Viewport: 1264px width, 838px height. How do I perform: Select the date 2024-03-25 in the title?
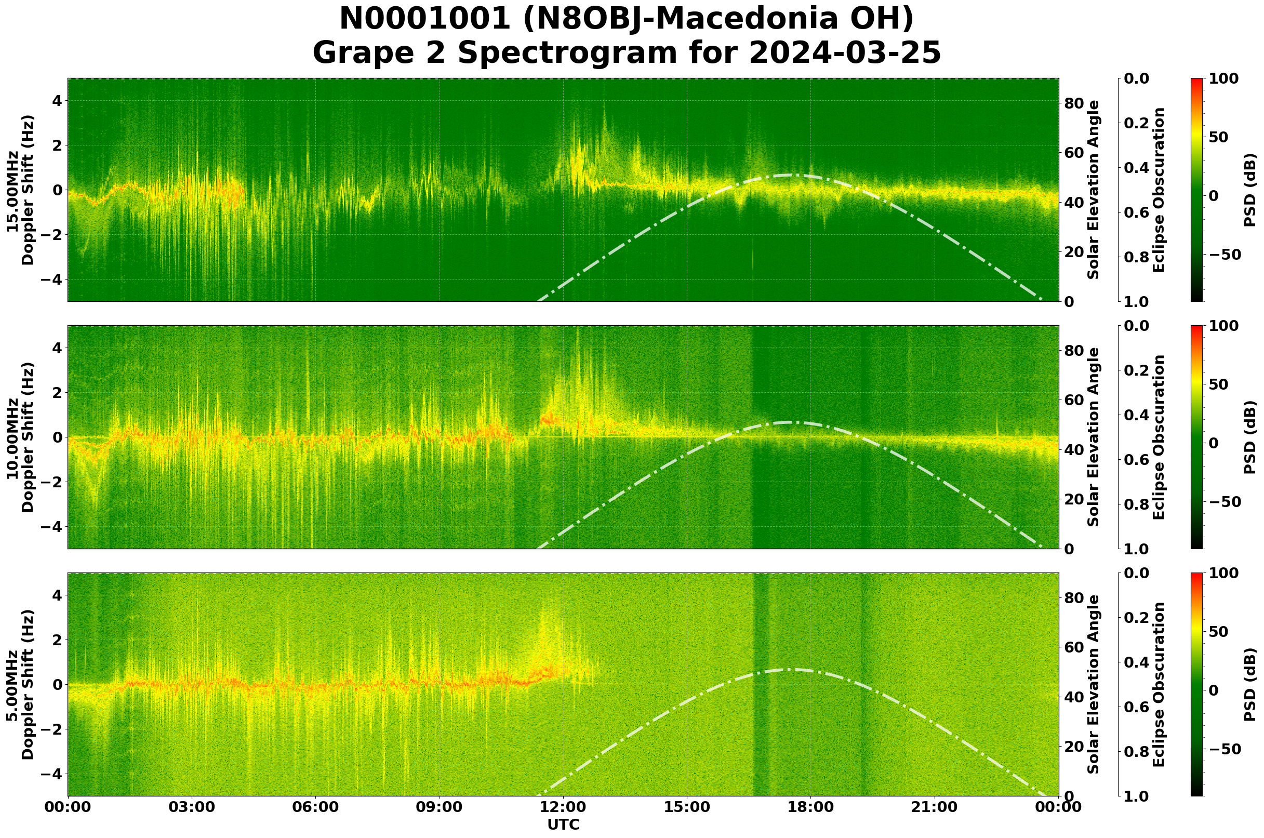tap(844, 53)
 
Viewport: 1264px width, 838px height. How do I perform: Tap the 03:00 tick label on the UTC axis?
tap(191, 807)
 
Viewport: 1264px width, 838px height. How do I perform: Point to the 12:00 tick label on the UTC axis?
tap(563, 807)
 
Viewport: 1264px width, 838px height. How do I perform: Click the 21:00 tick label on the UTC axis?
tap(935, 807)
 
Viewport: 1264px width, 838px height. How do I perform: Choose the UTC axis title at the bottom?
tap(563, 824)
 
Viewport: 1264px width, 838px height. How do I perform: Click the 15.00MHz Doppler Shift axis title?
tap(20, 190)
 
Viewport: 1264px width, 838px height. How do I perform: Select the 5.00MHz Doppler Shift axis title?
tap(20, 685)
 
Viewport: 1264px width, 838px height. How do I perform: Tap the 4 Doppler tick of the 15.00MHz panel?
tap(56, 101)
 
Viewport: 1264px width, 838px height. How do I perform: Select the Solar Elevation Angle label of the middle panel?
tap(1094, 437)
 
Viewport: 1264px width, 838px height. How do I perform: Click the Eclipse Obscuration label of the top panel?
tap(1158, 190)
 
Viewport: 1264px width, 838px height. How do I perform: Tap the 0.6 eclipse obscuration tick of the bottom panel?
tap(1138, 707)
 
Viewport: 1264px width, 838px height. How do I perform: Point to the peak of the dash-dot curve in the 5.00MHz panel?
tap(796, 670)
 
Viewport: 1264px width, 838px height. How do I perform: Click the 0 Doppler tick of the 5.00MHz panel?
tap(56, 685)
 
